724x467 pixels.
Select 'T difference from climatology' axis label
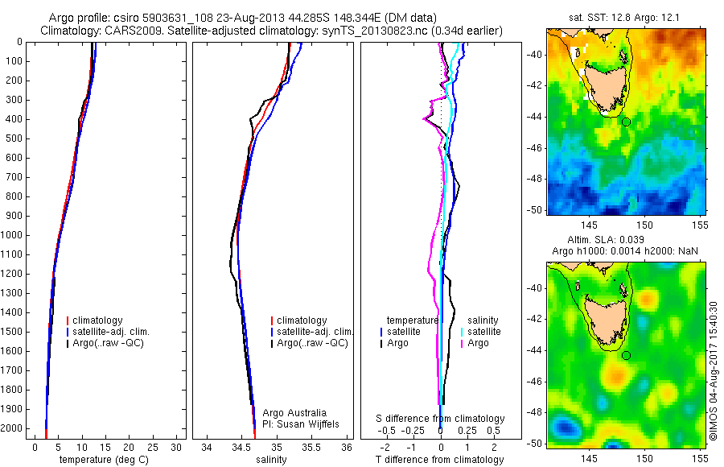[439, 460]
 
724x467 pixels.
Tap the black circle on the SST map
[626, 122]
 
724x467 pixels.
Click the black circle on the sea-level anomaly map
[626, 355]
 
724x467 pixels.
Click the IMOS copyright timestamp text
[713, 371]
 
